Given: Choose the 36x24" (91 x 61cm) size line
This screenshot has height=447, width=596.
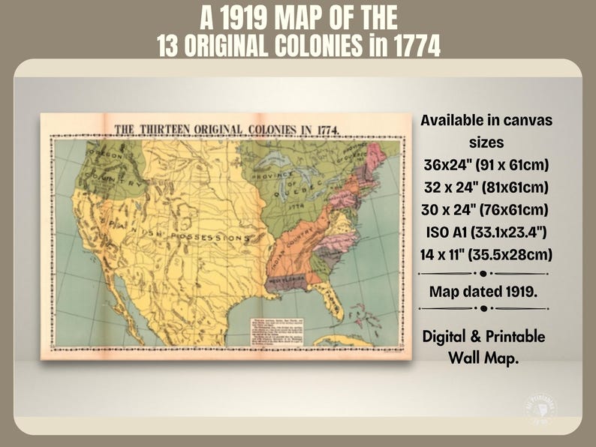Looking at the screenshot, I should click(x=484, y=164).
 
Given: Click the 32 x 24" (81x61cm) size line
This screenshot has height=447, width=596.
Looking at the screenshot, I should click(x=484, y=186).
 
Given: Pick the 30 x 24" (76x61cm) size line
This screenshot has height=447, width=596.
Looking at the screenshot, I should click(x=484, y=208).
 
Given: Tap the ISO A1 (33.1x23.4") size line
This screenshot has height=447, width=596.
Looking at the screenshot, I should click(x=484, y=231).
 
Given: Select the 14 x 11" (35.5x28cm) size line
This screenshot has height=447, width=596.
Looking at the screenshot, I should click(x=484, y=253).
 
